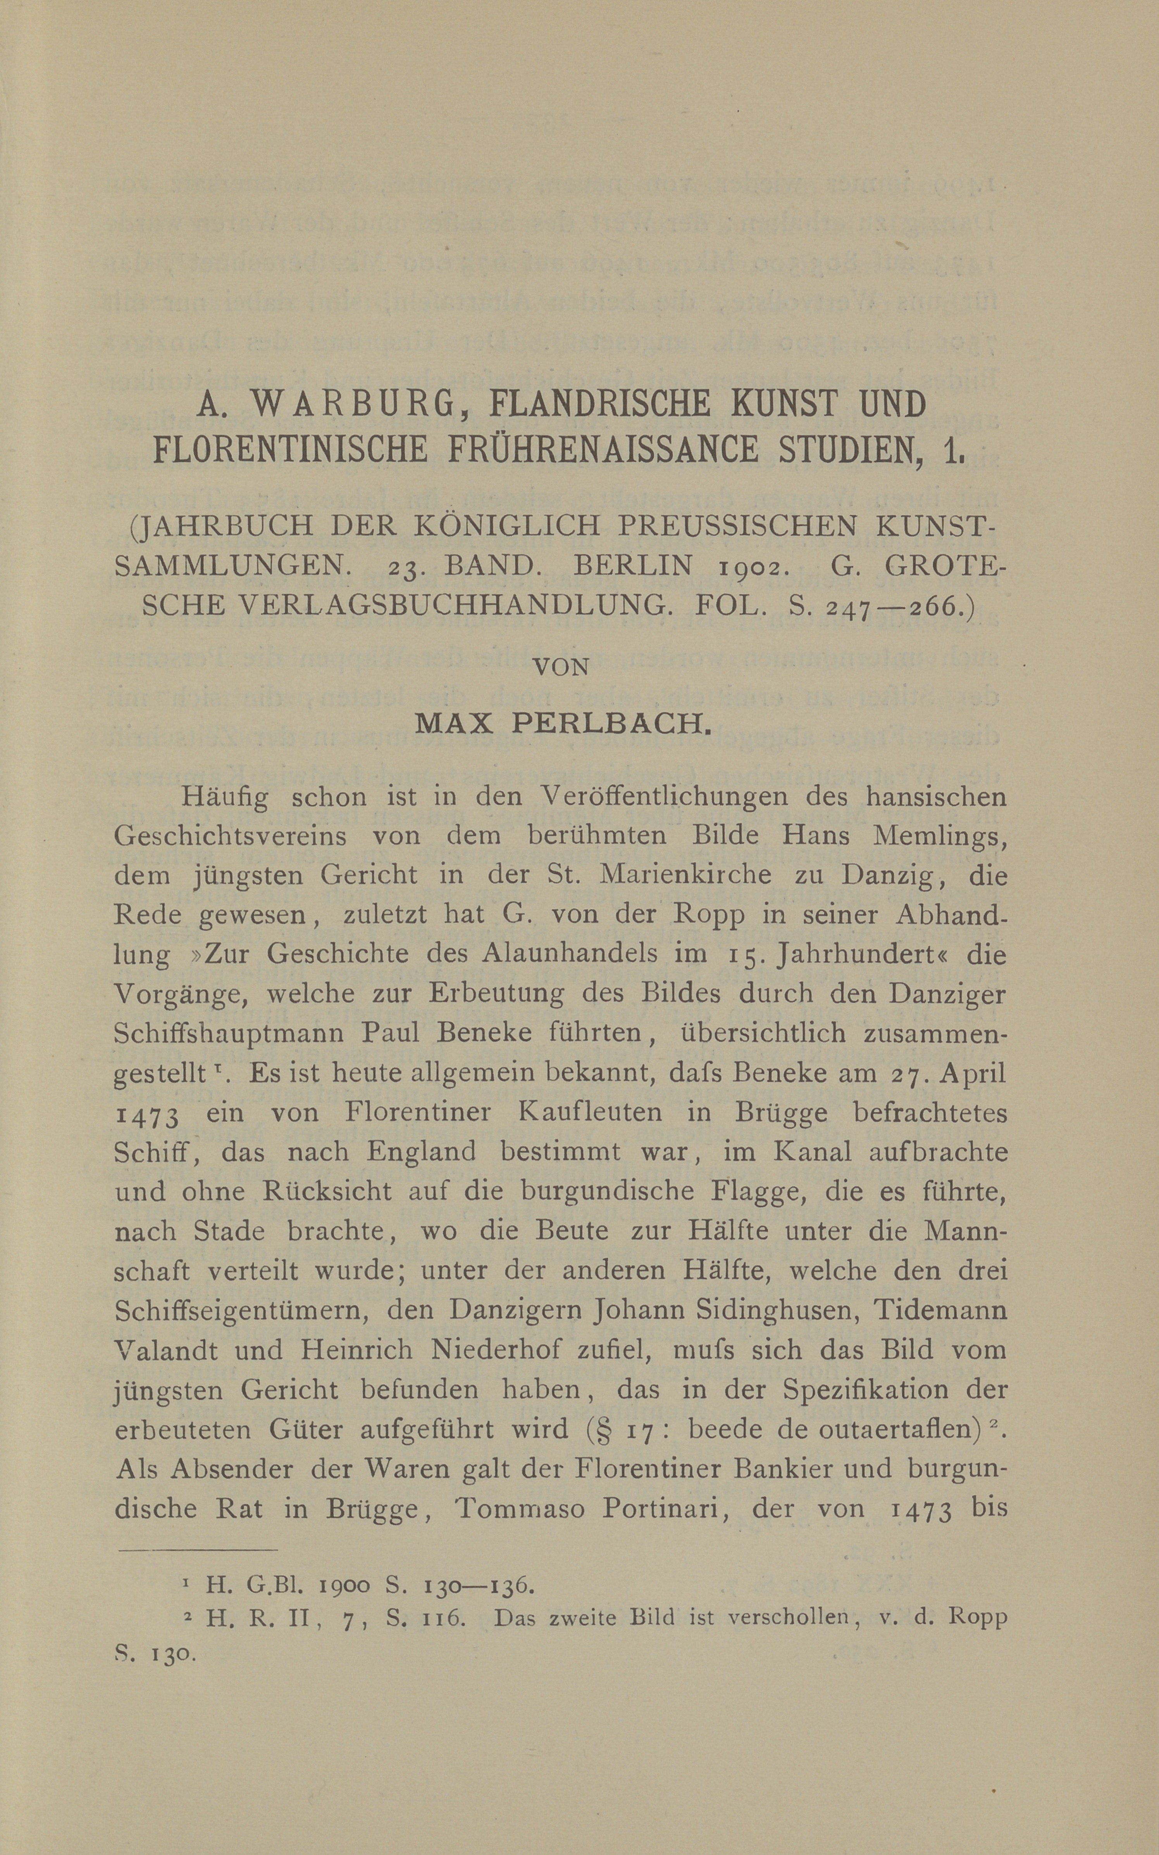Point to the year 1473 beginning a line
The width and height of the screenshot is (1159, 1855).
pyautogui.click(x=146, y=1114)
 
